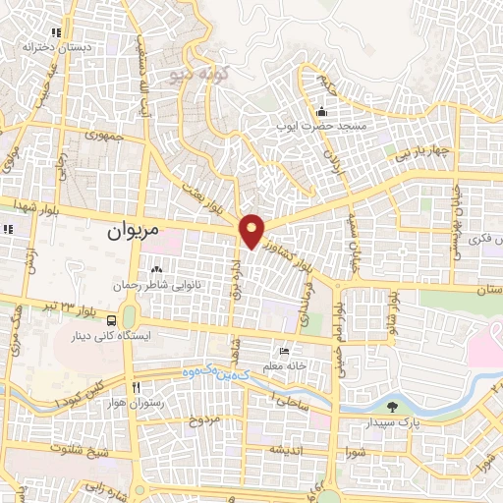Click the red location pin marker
pyautogui.click(x=252, y=232)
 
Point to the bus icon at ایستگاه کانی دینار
pyautogui.click(x=114, y=320)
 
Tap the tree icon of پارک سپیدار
pyautogui.click(x=393, y=408)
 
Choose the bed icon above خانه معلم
pyautogui.click(x=285, y=351)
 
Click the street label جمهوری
pyautogui.click(x=103, y=136)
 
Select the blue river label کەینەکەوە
pyautogui.click(x=208, y=372)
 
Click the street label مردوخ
pyautogui.click(x=202, y=419)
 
